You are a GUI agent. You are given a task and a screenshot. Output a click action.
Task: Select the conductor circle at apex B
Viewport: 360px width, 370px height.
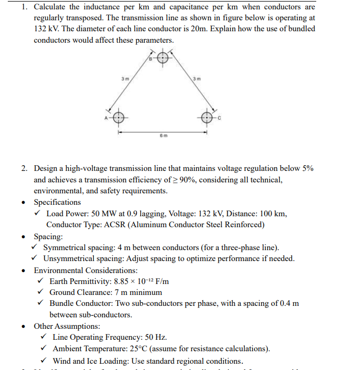[163, 57]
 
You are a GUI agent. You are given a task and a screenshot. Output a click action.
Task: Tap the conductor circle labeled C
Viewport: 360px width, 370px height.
[208, 117]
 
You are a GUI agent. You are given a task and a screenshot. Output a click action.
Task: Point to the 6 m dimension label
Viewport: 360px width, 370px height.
[163, 137]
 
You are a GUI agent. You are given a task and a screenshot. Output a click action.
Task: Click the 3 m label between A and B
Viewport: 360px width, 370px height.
[124, 79]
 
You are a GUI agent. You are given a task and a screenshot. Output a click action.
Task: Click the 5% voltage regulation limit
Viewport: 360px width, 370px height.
[306, 168]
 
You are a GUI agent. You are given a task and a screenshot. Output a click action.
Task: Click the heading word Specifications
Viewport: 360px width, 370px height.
[57, 202]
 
